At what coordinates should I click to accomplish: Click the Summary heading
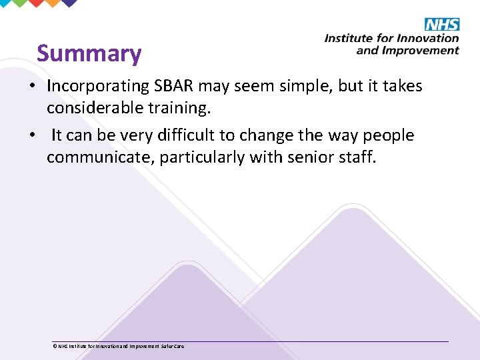click(x=89, y=53)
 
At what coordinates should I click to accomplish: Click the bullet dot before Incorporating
click(x=32, y=87)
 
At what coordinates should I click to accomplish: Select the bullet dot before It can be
click(x=32, y=135)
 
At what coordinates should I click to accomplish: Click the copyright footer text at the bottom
click(x=117, y=346)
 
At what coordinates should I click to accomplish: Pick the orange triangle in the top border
click(x=50, y=3)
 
